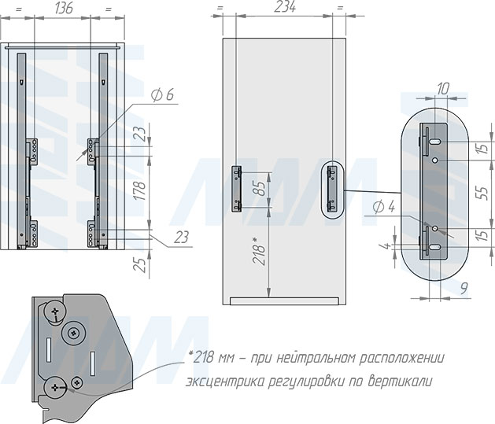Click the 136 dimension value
(x=65, y=8)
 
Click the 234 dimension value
(x=285, y=7)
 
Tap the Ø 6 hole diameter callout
(x=162, y=94)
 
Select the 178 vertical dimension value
(x=140, y=190)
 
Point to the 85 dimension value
(x=260, y=188)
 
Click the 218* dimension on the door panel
(x=260, y=251)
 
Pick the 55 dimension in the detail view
(x=482, y=192)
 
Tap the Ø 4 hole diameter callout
(x=383, y=207)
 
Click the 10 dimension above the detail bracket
(x=443, y=89)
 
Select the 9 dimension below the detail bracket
(x=464, y=288)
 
